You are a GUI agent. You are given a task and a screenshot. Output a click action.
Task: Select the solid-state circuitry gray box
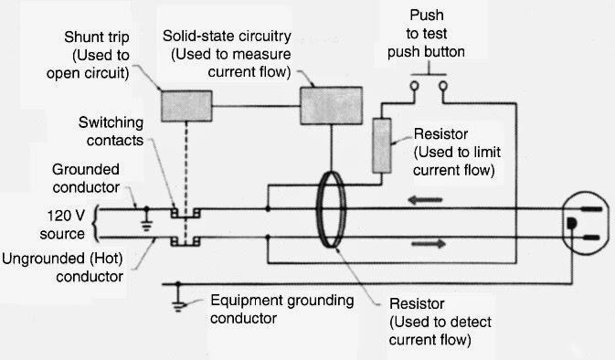tap(330, 105)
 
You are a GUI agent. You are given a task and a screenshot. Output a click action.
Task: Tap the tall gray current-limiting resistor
tap(381, 144)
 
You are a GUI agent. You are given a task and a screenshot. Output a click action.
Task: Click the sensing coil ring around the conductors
tap(335, 225)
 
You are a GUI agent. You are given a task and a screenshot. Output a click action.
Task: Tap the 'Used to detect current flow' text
tap(430, 331)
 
